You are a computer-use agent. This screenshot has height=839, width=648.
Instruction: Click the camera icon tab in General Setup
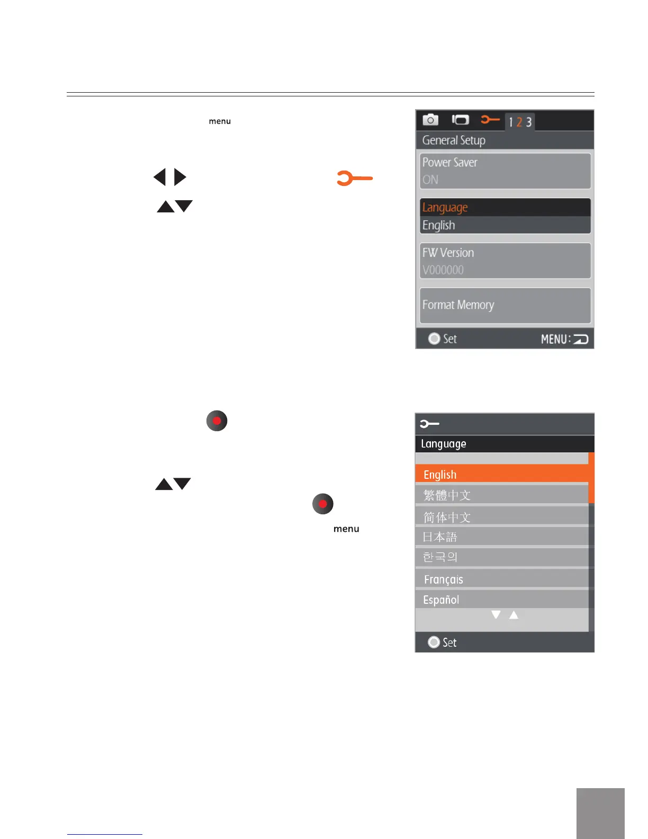[430, 120]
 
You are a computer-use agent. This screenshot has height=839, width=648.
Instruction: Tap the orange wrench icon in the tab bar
[490, 120]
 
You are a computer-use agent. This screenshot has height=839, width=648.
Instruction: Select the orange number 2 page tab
[519, 122]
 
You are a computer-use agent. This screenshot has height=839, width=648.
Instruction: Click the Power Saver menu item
[505, 171]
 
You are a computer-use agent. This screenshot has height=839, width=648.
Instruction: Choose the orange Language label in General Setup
[445, 207]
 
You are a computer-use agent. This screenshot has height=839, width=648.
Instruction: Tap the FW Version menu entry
[505, 261]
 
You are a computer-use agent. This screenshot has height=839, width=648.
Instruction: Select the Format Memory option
[505, 305]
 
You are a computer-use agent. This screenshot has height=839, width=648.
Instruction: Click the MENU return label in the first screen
[564, 339]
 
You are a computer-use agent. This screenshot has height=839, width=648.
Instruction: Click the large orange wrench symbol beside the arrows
[354, 178]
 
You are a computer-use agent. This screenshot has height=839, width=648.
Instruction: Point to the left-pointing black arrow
[160, 177]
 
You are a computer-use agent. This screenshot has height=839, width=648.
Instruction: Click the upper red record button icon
[217, 421]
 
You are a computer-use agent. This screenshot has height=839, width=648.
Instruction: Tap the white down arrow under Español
[496, 614]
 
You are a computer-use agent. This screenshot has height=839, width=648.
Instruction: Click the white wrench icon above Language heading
[429, 424]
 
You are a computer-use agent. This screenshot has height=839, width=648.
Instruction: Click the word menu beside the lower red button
[346, 529]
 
